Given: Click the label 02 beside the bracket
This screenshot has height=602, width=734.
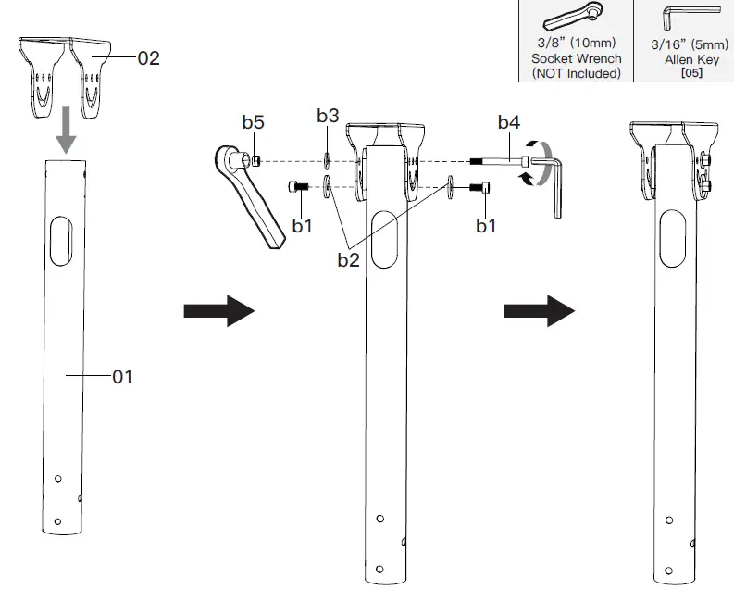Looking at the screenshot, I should [149, 57].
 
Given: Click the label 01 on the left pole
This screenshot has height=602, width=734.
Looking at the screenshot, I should [124, 376].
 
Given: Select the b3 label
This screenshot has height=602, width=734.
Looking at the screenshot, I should [328, 116].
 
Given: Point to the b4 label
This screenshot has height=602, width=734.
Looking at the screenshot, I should [509, 121].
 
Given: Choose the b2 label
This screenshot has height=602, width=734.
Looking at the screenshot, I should [347, 260].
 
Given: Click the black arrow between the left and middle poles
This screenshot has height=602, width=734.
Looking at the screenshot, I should [219, 311].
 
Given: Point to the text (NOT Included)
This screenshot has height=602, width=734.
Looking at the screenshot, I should [576, 73].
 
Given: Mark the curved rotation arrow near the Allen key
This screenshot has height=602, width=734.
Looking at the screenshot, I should [536, 163].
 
